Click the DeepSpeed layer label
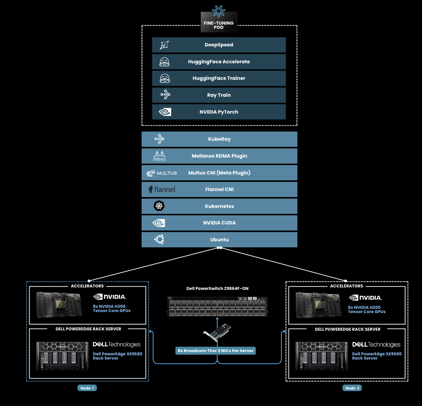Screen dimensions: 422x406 [219, 45]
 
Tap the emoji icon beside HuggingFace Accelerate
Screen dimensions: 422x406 [165, 62]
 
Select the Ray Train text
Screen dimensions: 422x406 [219, 95]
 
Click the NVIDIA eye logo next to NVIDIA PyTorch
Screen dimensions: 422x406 [165, 112]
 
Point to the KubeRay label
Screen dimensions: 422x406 [219, 139]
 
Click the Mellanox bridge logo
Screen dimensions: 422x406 [159, 156]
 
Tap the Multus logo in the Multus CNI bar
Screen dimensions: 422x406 [161, 173]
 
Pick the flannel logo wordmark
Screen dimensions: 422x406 [162, 190]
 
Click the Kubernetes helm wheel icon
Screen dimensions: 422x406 [159, 206]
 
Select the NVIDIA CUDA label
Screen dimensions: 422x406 [219, 223]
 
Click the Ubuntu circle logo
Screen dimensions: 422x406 [159, 239]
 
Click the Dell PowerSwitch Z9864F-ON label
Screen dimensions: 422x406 [217, 288]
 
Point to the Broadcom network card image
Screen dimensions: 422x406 [217, 332]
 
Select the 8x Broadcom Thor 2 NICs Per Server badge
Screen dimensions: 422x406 [216, 351]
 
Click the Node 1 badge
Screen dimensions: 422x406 [87, 388]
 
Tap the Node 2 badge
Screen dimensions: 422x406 [352, 388]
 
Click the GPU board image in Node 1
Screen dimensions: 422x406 [59, 305]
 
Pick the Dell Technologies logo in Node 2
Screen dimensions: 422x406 [376, 345]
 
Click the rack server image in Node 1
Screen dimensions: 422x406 [62, 356]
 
